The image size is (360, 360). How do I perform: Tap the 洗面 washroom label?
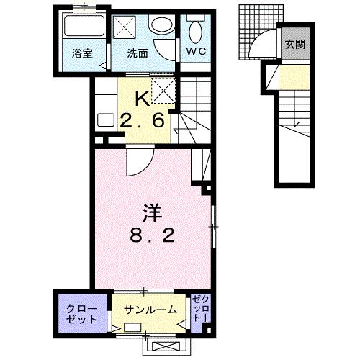pos(138,53)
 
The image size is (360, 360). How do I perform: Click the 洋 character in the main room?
pos(151,215)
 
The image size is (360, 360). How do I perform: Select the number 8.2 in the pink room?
pos(151,235)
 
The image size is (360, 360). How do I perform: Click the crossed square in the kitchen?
pos(161,91)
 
